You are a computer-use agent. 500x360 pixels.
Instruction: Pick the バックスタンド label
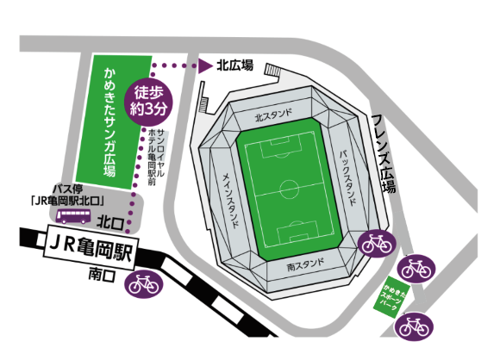(x=344, y=168)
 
